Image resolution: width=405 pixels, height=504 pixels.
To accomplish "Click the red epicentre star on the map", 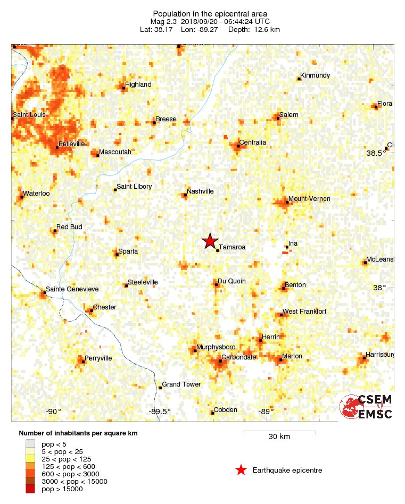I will [x=210, y=241].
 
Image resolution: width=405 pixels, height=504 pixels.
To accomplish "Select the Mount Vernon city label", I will [x=309, y=199].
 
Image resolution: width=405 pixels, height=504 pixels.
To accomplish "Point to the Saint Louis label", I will [x=29, y=115].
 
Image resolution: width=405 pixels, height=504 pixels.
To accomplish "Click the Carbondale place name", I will [x=239, y=357].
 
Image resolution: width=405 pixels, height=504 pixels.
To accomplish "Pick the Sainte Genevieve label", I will [x=72, y=289].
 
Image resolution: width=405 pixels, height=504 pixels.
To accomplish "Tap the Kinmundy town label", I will [x=315, y=75].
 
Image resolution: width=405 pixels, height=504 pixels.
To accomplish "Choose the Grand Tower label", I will [x=181, y=384].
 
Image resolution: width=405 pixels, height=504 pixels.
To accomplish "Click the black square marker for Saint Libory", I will [x=115, y=190].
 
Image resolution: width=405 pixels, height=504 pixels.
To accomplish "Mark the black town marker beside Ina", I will [x=287, y=247].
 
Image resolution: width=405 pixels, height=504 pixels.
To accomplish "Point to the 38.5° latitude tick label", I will [x=377, y=153].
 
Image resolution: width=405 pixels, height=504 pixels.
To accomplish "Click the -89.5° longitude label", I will [x=160, y=411].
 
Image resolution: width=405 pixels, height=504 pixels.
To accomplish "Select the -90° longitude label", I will [x=53, y=411].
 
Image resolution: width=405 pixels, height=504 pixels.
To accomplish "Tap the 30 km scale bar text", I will [x=279, y=437].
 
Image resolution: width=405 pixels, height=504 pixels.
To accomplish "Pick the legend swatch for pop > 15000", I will [x=30, y=489].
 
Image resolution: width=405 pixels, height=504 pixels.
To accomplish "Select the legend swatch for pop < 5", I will [x=30, y=444].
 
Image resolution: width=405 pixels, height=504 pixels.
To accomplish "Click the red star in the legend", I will [x=241, y=470].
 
